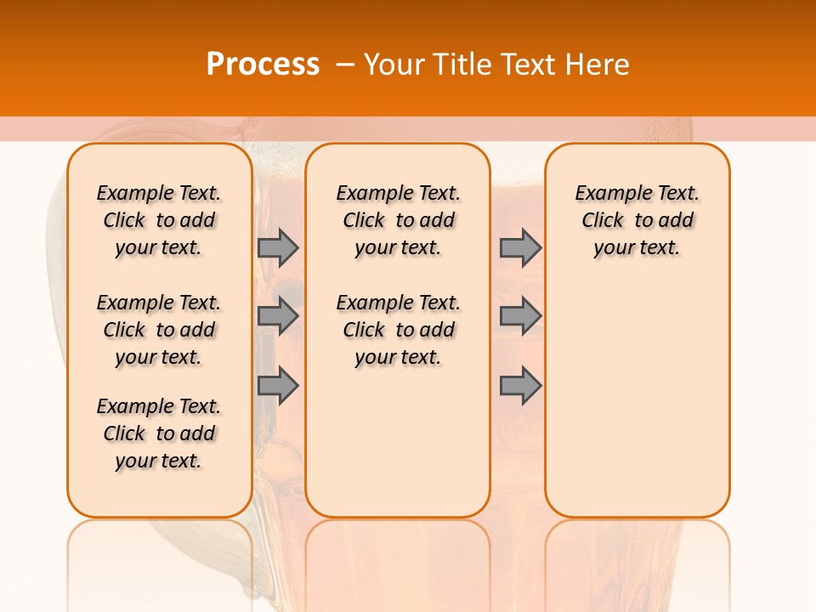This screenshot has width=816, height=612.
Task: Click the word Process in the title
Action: point(263,64)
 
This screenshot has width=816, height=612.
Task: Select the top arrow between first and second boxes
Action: point(278,247)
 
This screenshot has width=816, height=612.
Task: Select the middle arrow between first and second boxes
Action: point(278,316)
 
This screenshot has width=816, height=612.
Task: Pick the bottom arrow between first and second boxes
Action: point(278,385)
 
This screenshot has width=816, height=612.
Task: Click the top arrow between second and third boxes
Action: point(520,247)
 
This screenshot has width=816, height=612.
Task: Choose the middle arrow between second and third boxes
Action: point(520,316)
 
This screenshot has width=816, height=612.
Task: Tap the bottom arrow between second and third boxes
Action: point(520,385)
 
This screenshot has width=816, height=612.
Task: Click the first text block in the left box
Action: point(159,220)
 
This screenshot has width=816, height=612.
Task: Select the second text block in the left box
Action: point(159,330)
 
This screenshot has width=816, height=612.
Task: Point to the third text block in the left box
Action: point(159,433)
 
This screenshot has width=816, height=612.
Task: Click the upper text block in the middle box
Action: point(398,220)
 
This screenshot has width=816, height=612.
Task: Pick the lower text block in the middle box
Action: point(398,330)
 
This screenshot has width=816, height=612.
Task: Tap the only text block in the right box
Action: point(637,220)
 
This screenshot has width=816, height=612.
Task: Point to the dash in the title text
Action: point(345,65)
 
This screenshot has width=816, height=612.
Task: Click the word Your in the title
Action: point(395,65)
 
